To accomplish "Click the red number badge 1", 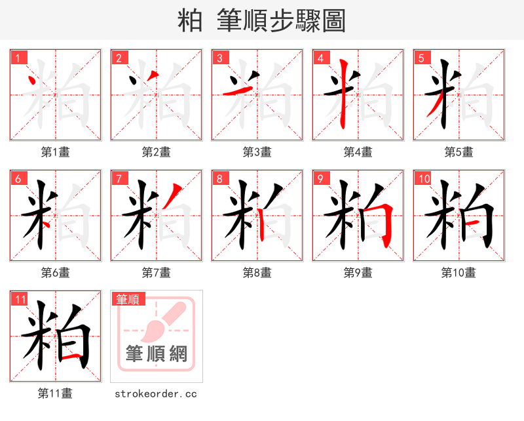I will [18, 58].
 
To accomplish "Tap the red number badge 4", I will [320, 58].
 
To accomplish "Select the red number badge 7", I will [119, 178].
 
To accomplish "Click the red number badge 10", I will [423, 178].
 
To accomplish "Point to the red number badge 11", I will [20, 299].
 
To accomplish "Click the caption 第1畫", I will [56, 152].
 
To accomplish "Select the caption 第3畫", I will [257, 152].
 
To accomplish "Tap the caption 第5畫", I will [459, 152].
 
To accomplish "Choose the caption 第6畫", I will [56, 273].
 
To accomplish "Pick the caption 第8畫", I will [257, 273].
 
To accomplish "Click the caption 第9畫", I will [358, 273].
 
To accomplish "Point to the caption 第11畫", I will [56, 393].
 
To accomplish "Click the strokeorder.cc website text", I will [156, 394].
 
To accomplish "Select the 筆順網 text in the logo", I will [157, 354].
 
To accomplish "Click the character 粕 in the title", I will [191, 21].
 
